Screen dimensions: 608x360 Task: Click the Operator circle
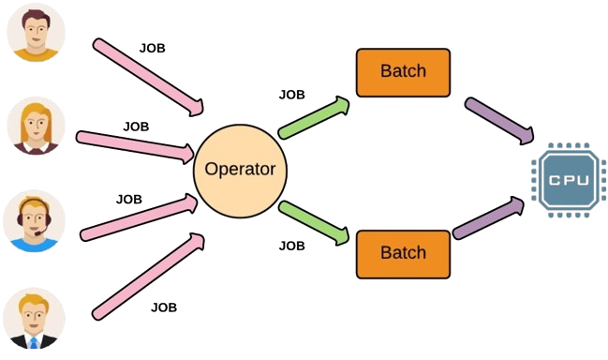[x=240, y=171]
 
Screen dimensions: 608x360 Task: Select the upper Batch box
[x=403, y=72]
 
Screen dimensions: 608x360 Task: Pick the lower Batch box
[x=403, y=254]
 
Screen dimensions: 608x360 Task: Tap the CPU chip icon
[x=569, y=180]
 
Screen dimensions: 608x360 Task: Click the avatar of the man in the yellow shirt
[x=36, y=33]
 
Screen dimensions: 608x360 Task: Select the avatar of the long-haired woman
[x=36, y=126]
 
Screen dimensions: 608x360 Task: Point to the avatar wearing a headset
[x=34, y=220]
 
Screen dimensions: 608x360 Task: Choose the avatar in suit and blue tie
[x=34, y=318]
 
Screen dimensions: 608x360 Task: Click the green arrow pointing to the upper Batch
[x=314, y=117]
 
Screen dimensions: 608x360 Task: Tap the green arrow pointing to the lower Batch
[x=314, y=223]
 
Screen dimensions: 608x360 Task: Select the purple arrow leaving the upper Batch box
[x=499, y=121]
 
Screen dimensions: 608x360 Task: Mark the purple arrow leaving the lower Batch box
[x=488, y=218]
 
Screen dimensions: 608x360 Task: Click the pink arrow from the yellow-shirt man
[x=148, y=77]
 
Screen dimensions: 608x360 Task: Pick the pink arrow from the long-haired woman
[x=135, y=147]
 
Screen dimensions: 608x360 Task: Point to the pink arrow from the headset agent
[x=139, y=217]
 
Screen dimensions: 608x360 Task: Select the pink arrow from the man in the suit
[x=148, y=277]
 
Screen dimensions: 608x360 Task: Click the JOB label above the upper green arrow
[x=292, y=95]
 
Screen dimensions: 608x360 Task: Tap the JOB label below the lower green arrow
[x=292, y=246]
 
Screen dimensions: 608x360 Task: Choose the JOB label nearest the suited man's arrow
[x=164, y=307]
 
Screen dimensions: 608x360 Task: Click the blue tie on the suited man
[x=34, y=342]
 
